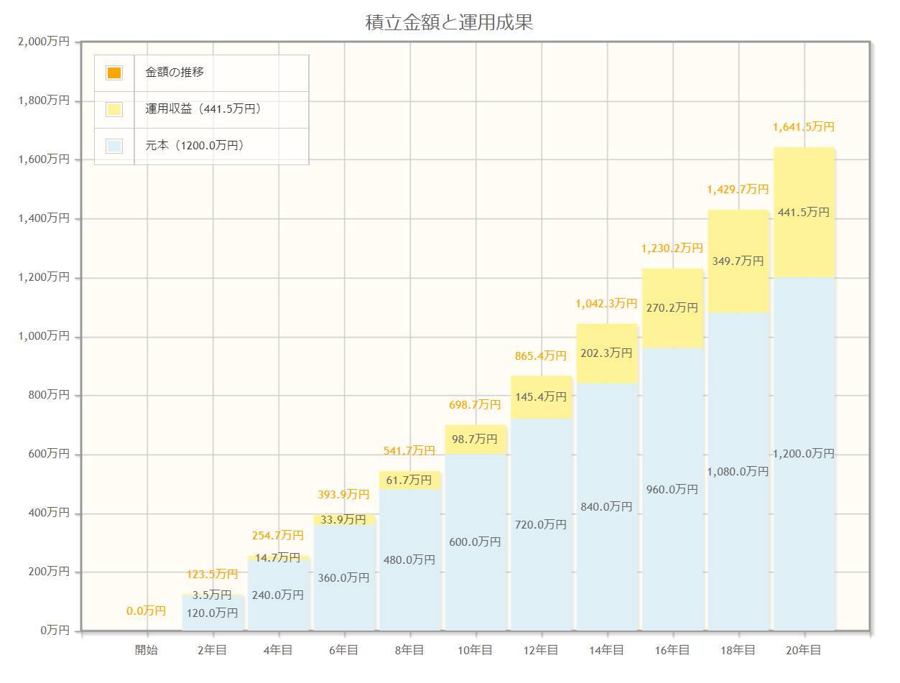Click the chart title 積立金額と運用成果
tap(449, 22)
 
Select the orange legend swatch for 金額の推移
tap(114, 73)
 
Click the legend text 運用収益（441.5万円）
tap(203, 109)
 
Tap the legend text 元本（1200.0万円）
tap(195, 146)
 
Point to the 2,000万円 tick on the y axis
tap(44, 42)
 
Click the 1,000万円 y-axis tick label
tap(44, 336)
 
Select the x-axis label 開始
tap(147, 650)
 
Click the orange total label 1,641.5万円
tap(803, 127)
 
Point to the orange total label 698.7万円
tap(475, 405)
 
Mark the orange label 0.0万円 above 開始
tap(147, 611)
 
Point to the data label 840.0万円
tap(607, 507)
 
